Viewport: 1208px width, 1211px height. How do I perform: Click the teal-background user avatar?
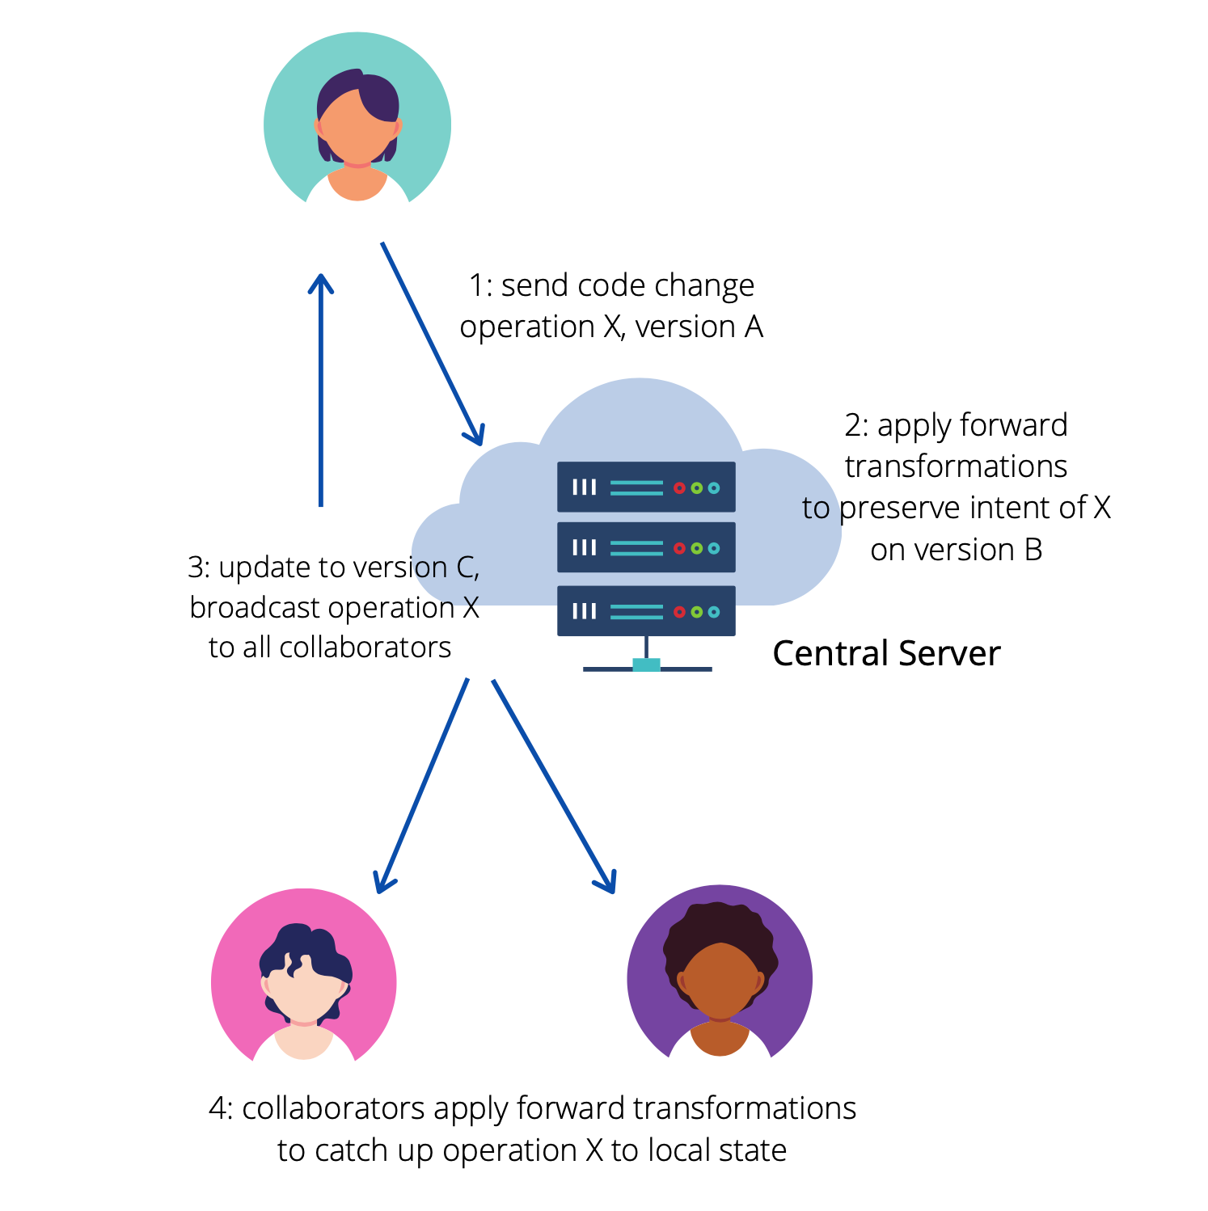click(x=357, y=121)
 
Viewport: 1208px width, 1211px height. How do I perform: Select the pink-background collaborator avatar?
click(x=304, y=978)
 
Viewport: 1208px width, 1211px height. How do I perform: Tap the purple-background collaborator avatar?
click(x=720, y=974)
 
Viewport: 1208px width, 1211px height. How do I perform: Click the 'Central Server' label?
click(x=886, y=653)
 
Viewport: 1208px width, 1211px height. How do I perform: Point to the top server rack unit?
click(x=646, y=487)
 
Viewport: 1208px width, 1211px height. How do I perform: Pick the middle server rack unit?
click(x=646, y=547)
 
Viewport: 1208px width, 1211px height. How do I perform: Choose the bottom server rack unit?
click(x=646, y=610)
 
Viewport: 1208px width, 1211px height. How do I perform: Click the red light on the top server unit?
click(x=679, y=487)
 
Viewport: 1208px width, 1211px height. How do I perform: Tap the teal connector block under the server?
click(x=646, y=665)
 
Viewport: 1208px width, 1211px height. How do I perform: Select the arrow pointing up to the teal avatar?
click(x=321, y=388)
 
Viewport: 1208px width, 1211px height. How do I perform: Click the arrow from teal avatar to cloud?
click(x=433, y=344)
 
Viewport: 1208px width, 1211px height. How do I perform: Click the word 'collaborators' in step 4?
click(x=333, y=1108)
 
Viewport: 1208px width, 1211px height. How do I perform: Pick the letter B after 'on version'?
click(x=1033, y=550)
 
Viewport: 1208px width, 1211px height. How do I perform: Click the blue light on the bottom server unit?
click(x=714, y=612)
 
